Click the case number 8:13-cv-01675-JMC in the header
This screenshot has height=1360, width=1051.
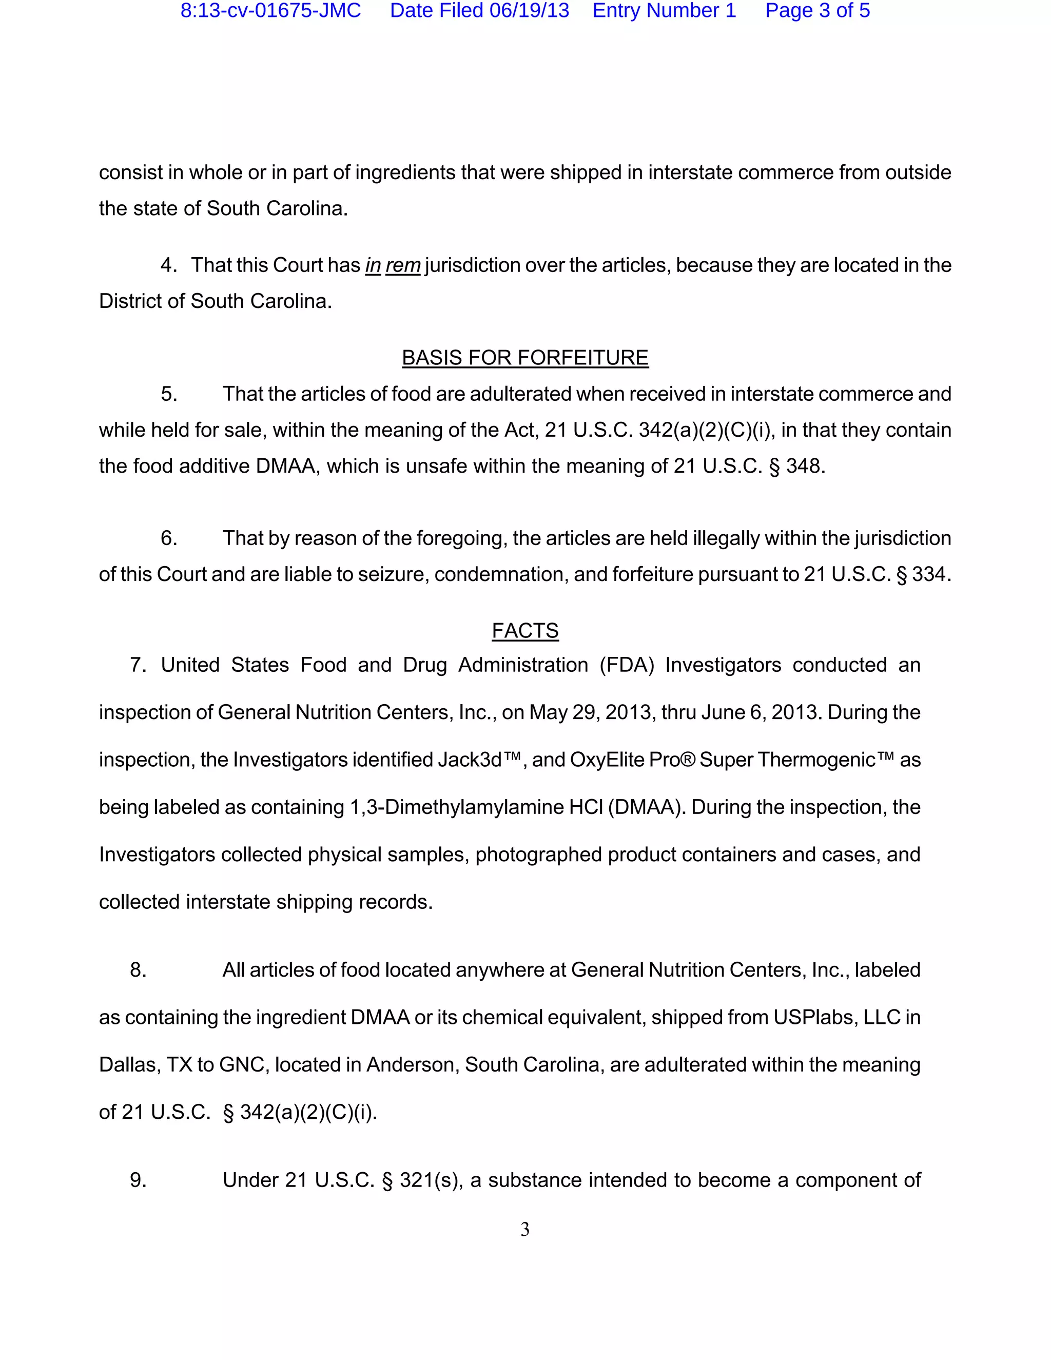point(270,11)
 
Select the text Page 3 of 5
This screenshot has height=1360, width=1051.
point(817,11)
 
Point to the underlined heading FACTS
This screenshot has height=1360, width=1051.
point(525,631)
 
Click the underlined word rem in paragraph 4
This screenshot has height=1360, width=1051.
point(403,266)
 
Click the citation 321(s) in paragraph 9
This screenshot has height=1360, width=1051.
point(430,1180)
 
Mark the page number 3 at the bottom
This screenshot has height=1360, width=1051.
point(525,1229)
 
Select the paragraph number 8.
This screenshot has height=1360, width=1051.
point(138,970)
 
